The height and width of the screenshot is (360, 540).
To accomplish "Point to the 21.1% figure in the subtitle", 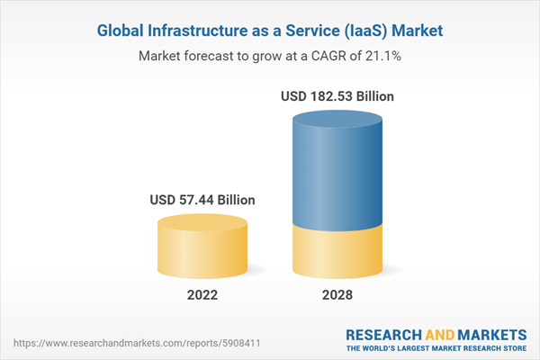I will (382, 56).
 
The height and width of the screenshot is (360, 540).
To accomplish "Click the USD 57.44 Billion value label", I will (202, 200).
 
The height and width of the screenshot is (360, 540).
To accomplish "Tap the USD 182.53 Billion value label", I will (337, 95).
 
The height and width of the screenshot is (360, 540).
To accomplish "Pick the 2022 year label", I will (202, 295).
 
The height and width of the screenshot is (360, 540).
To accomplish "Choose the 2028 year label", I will (337, 295).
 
